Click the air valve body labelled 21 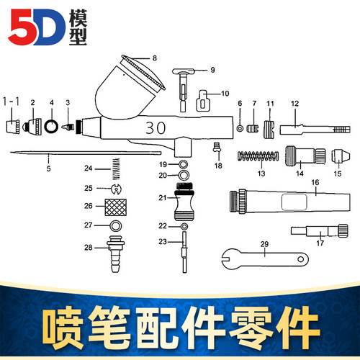[x=184, y=206]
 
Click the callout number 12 [x=294, y=103]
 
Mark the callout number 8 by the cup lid [x=153, y=57]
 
